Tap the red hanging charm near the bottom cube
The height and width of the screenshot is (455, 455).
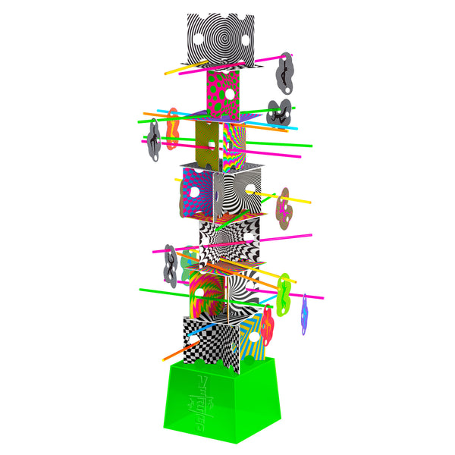coord(268,322)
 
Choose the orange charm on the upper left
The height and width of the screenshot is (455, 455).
coord(173,127)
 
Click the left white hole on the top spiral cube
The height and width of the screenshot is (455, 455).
coord(199,39)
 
